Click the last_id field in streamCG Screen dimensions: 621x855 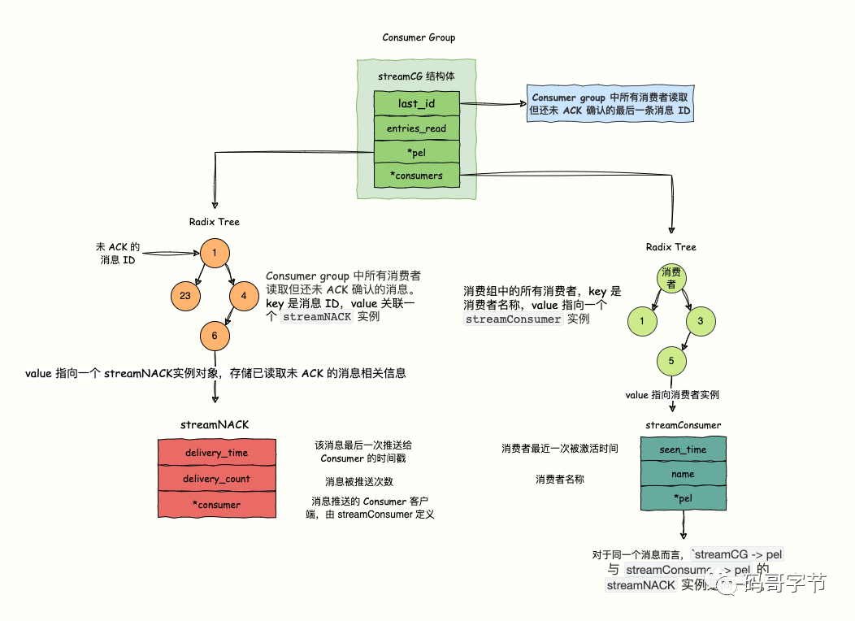416,104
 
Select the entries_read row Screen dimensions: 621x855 416,128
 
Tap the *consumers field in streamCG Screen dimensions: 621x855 416,175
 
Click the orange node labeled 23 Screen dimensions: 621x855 185,297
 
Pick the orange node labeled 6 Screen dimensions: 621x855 215,335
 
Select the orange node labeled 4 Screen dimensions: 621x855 243,296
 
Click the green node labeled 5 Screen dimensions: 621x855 671,361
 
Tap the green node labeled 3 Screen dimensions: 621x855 700,321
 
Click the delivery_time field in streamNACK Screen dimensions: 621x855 216,453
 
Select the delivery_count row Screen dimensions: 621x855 216,479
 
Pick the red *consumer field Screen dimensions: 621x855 216,505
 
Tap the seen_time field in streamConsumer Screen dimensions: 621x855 683,449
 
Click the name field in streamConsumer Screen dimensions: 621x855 683,473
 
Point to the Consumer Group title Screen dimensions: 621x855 419,37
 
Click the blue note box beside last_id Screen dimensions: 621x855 610,103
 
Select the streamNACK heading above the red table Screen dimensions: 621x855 215,424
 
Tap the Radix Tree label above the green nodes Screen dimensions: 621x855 671,247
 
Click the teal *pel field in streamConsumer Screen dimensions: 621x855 683,497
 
